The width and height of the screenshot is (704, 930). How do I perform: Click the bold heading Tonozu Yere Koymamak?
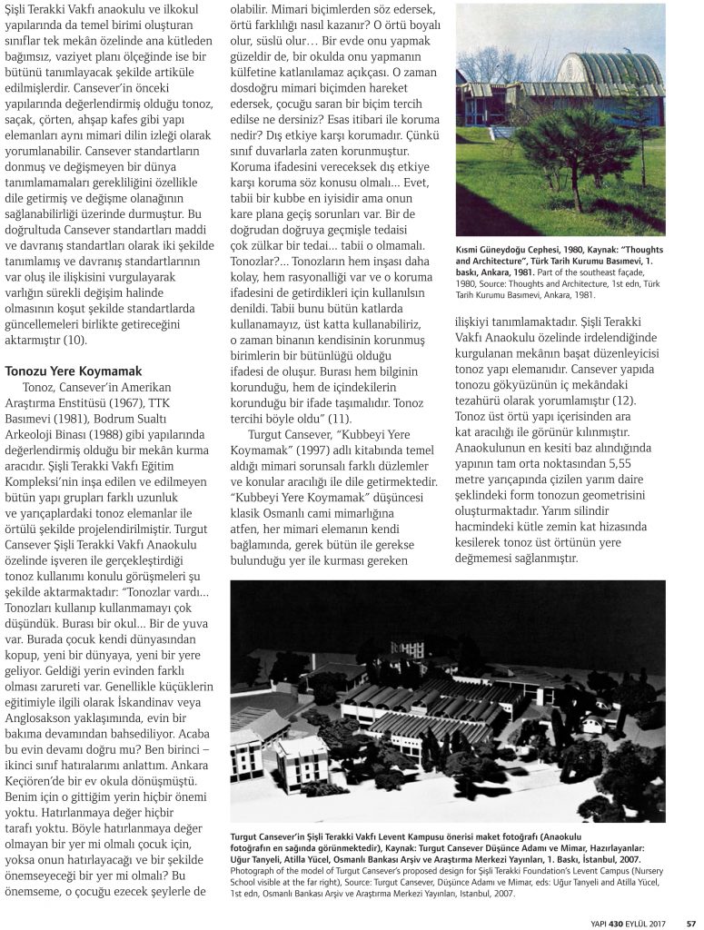click(x=74, y=371)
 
